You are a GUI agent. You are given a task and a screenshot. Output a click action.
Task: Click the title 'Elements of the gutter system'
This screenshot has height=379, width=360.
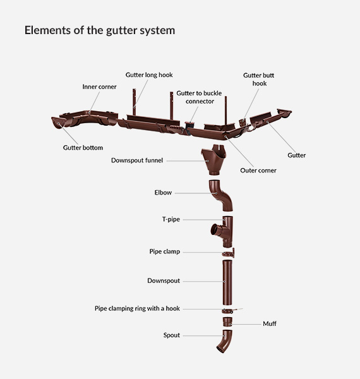100,30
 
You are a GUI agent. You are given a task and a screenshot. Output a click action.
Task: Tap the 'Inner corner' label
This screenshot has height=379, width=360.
99,87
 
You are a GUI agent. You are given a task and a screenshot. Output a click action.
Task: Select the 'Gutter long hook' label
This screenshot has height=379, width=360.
149,75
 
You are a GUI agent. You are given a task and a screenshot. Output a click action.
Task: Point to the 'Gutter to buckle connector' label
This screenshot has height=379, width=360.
199,97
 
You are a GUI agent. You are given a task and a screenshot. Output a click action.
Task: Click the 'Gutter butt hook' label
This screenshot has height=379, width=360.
259,80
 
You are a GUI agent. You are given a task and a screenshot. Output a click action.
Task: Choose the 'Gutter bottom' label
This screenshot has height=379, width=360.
83,148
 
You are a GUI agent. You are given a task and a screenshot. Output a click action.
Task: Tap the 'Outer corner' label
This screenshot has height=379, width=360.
258,171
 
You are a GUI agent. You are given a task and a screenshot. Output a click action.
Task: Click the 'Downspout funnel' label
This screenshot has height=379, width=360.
137,160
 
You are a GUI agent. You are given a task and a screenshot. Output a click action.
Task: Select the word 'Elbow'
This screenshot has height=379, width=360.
163,193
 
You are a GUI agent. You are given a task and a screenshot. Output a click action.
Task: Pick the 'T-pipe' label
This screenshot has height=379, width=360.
171,219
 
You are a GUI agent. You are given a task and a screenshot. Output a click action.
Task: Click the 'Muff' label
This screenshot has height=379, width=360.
270,323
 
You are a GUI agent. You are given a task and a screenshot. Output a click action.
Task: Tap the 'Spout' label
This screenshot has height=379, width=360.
172,335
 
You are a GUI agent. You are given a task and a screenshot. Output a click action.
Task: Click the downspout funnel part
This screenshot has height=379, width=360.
213,160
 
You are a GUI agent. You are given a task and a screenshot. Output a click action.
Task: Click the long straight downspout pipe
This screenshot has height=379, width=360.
227,282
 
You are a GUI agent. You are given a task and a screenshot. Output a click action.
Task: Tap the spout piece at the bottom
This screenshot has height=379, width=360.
225,341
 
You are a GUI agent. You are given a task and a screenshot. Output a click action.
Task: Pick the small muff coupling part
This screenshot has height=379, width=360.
227,322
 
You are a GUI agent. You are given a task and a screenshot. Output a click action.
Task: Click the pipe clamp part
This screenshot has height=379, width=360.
229,253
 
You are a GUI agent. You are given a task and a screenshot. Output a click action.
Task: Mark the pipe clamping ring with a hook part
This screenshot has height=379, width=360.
229,311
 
